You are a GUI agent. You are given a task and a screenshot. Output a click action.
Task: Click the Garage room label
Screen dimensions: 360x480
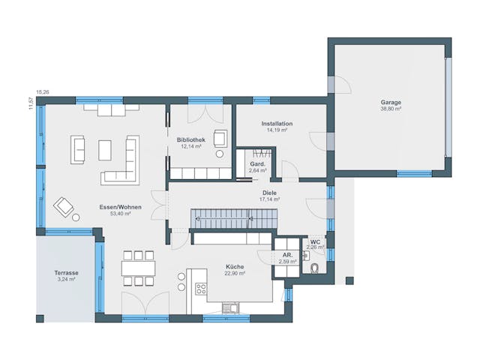point(390,101)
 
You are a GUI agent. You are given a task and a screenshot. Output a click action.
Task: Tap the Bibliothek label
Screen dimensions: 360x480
point(191,139)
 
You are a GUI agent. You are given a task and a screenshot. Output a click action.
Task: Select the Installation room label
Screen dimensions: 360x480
point(277,123)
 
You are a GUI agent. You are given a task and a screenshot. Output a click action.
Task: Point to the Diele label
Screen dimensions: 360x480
point(268,193)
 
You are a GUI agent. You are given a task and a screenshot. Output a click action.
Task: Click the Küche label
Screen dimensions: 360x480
point(235,266)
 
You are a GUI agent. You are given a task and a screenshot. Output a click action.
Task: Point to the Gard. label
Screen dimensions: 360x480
point(256,163)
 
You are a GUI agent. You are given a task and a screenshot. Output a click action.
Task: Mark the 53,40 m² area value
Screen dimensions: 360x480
point(120,214)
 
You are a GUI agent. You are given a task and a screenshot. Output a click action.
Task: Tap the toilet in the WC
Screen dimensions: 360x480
point(314,269)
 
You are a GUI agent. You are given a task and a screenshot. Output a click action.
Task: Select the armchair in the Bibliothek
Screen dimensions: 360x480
point(220,138)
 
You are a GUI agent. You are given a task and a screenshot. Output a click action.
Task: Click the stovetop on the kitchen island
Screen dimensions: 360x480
point(201,288)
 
